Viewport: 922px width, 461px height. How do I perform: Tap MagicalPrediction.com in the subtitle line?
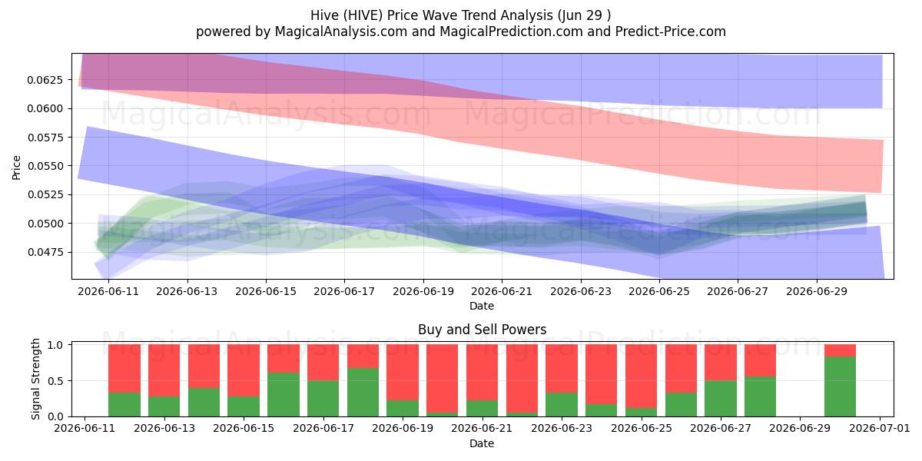pyautogui.click(x=511, y=32)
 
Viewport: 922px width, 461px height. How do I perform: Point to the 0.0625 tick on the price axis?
pyautogui.click(x=45, y=80)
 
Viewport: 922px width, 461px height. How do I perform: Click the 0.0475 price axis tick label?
pyautogui.click(x=45, y=252)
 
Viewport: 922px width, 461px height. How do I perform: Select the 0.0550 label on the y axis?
pyautogui.click(x=45, y=166)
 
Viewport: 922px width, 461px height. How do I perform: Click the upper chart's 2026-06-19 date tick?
pyautogui.click(x=423, y=291)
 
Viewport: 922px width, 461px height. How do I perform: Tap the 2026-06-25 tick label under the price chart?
pyautogui.click(x=659, y=291)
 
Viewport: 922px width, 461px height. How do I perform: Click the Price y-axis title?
pyautogui.click(x=16, y=167)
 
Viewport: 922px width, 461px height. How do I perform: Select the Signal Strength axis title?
pyautogui.click(x=35, y=379)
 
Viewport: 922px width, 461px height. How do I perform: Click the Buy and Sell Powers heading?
pyautogui.click(x=482, y=330)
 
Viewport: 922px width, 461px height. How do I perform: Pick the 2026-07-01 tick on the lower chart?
pyautogui.click(x=880, y=429)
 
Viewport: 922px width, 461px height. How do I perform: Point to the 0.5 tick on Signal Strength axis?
pyautogui.click(x=55, y=381)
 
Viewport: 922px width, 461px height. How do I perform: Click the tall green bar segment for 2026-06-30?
pyautogui.click(x=840, y=386)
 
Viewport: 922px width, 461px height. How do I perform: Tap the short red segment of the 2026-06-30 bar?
pyautogui.click(x=840, y=350)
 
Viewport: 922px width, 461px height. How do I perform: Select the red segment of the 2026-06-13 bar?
pyautogui.click(x=164, y=370)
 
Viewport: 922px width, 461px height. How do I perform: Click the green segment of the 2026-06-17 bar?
pyautogui.click(x=323, y=399)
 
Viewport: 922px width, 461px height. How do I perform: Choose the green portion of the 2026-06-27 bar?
pyautogui.click(x=721, y=399)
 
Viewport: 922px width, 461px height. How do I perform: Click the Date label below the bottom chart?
pyautogui.click(x=482, y=443)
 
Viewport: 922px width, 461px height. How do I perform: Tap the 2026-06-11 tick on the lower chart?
pyautogui.click(x=85, y=429)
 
